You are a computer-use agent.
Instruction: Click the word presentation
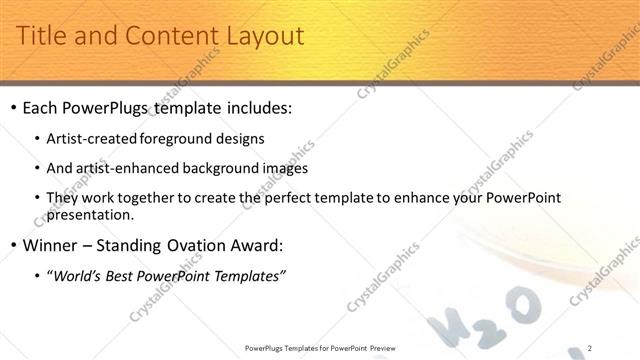pyautogui.click(x=90, y=214)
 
